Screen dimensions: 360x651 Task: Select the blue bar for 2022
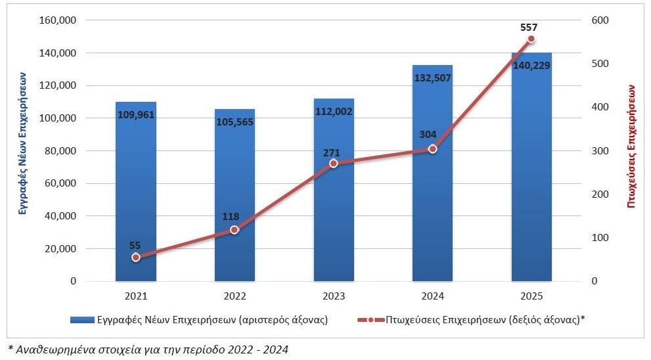pos(235,197)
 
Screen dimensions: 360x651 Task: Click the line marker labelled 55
pos(136,258)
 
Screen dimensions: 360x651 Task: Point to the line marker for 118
pos(235,230)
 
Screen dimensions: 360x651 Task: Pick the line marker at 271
pos(334,164)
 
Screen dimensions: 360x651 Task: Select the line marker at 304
pos(432,149)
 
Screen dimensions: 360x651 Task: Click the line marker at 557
pos(531,39)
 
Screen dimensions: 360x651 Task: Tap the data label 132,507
pos(432,79)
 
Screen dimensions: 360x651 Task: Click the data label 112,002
pos(334,112)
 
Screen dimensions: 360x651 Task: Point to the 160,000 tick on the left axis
pos(58,20)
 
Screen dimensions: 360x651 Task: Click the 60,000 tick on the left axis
pos(60,183)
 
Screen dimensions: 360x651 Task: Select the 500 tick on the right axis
pos(600,64)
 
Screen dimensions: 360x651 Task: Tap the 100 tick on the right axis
pos(600,238)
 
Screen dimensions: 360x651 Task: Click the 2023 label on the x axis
pos(334,296)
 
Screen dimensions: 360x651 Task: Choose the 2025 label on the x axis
pos(531,296)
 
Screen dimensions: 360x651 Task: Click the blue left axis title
pos(23,151)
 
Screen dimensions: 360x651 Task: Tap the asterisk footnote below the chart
pos(148,349)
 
